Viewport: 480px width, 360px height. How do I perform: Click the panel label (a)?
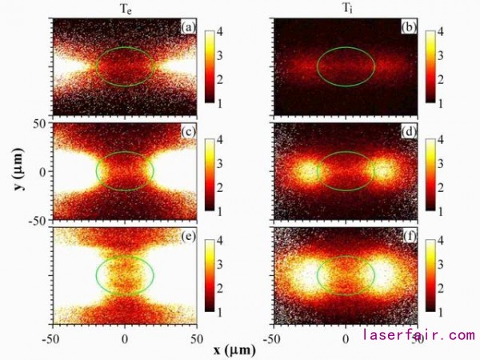(189, 28)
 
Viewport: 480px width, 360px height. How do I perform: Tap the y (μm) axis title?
(18, 172)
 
